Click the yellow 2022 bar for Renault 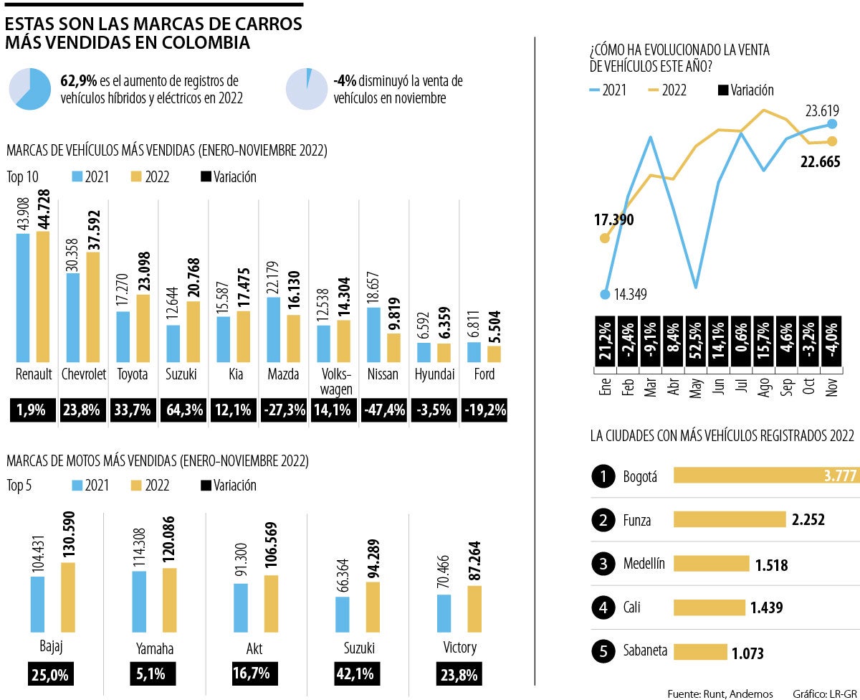tap(43, 296)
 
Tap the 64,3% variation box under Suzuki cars tap(184, 410)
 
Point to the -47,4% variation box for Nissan tap(385, 410)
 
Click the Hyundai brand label tap(434, 374)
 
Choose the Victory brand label tap(459, 648)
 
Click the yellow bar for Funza tap(730, 519)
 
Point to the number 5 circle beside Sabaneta tap(603, 652)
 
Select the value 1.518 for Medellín tap(771, 565)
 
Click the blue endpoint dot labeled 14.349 tap(606, 294)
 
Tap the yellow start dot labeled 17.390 tap(605, 237)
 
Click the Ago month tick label tap(764, 389)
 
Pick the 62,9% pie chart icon tap(29, 89)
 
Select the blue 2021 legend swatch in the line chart tap(595, 90)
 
